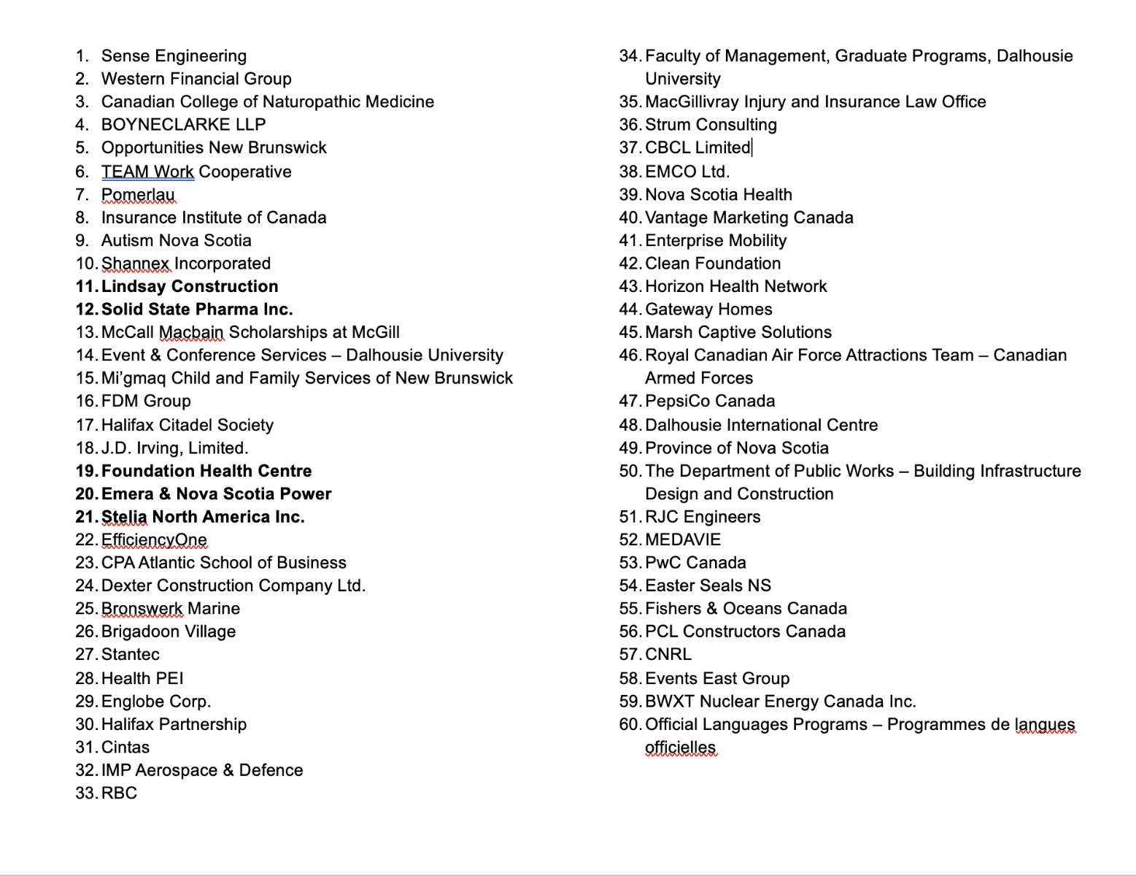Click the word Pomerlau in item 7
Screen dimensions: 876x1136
138,195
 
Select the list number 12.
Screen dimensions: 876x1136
86,310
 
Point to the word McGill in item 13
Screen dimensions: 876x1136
376,333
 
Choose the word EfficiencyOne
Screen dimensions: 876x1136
154,540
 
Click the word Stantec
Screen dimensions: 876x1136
130,655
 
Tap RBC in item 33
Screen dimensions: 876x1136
119,794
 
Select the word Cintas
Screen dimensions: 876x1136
125,748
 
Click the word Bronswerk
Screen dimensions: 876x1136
142,609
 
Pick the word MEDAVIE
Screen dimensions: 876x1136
683,540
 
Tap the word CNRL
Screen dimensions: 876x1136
668,655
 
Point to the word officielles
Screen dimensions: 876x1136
681,748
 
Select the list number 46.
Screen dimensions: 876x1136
630,356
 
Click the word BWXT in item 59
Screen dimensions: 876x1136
670,702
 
